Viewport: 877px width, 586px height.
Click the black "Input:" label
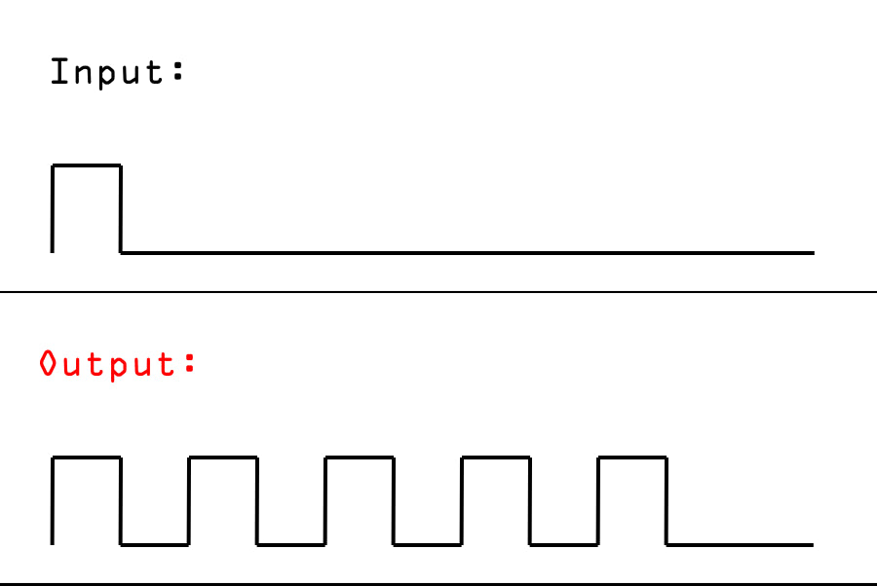click(116, 72)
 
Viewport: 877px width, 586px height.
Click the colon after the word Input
click(177, 71)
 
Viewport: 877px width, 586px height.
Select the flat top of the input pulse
click(87, 166)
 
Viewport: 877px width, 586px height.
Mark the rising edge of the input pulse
click(53, 209)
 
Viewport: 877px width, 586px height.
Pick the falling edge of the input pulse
click(121, 209)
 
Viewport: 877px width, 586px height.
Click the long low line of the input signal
click(468, 252)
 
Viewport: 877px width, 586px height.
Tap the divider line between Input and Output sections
click(438, 291)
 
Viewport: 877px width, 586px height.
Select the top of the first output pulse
click(87, 458)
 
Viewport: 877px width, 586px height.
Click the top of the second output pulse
click(223, 458)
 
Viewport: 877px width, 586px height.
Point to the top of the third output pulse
click(360, 458)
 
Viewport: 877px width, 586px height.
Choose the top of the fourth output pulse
click(496, 458)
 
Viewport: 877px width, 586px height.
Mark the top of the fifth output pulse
click(632, 458)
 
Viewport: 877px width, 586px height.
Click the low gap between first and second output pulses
click(155, 543)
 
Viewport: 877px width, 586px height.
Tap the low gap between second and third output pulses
click(291, 543)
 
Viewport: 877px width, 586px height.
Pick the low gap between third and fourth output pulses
click(428, 543)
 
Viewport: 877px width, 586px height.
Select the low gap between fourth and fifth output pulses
click(564, 543)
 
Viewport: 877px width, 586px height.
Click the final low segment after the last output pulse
click(740, 543)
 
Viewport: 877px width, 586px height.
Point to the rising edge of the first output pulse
click(53, 500)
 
